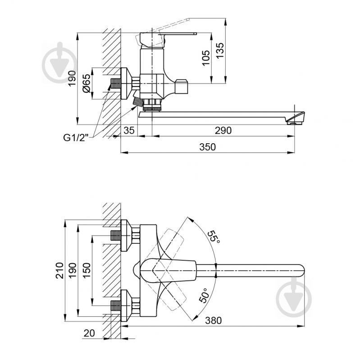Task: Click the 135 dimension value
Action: [x=220, y=51]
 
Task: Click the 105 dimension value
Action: [x=206, y=58]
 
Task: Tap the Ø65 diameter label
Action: [x=87, y=83]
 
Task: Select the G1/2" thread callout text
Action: [x=76, y=138]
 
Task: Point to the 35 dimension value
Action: [x=129, y=130]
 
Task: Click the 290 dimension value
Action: [x=223, y=130]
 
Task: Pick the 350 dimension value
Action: [x=208, y=147]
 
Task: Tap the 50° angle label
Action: [x=205, y=296]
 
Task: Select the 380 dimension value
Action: [x=213, y=320]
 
